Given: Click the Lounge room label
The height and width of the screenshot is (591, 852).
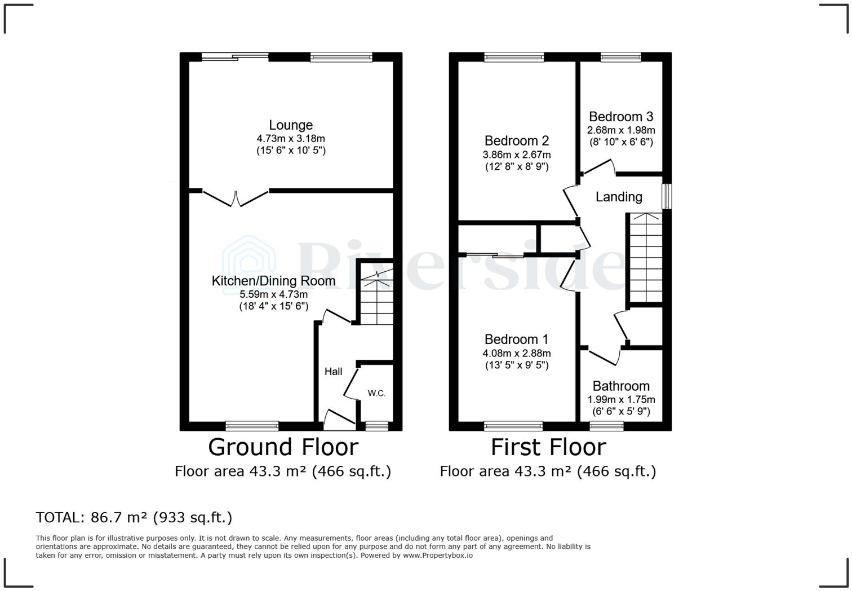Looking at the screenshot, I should pyautogui.click(x=291, y=125).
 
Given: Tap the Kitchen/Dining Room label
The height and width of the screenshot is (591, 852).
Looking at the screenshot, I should pyautogui.click(x=273, y=281).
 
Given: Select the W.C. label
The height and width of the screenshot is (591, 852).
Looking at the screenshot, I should pyautogui.click(x=376, y=393).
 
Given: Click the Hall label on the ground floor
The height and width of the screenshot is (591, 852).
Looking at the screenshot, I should pyautogui.click(x=333, y=371).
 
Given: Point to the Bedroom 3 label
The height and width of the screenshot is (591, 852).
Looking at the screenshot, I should pyautogui.click(x=621, y=117).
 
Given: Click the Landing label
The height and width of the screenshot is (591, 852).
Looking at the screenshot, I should pyautogui.click(x=619, y=197).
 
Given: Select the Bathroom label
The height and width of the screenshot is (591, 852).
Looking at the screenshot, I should pyautogui.click(x=621, y=386).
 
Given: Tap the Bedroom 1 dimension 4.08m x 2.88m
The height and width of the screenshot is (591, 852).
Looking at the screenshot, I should pyautogui.click(x=517, y=353).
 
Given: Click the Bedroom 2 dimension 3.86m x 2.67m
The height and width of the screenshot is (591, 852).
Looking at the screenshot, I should pyautogui.click(x=517, y=155).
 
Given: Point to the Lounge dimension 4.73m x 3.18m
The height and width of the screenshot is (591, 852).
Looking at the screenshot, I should pyautogui.click(x=291, y=139).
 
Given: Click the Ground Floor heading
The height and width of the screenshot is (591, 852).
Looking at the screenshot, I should pyautogui.click(x=283, y=447).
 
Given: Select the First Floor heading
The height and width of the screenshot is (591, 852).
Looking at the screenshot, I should pyautogui.click(x=548, y=447).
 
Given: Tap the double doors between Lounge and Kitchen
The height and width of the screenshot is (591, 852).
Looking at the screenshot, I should pyautogui.click(x=236, y=198).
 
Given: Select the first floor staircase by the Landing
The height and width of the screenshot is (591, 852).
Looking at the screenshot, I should pyautogui.click(x=645, y=258).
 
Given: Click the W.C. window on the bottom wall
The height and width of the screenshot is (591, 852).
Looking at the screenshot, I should pyautogui.click(x=377, y=426).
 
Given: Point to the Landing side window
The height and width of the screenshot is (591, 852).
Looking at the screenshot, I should pyautogui.click(x=667, y=196).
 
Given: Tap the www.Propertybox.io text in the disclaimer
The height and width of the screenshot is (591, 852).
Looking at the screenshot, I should pyautogui.click(x=437, y=555).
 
